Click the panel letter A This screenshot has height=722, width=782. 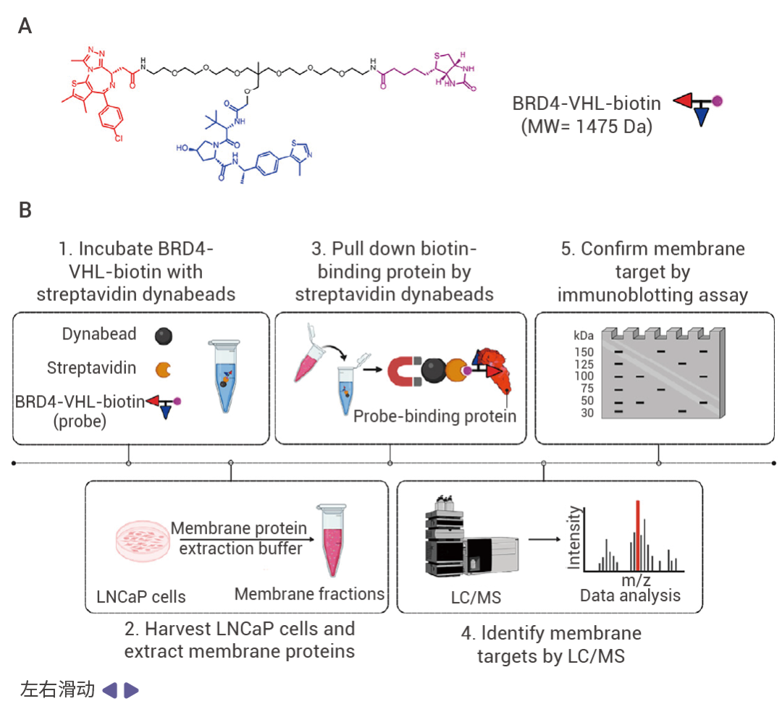click(25, 27)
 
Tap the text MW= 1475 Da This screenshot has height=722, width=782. click(586, 127)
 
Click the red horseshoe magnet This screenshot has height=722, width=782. click(406, 373)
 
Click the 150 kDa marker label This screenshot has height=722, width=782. click(584, 351)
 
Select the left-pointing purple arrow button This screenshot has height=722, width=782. click(109, 690)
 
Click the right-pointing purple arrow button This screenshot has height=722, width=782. click(131, 690)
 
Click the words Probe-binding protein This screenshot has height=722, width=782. click(434, 416)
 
